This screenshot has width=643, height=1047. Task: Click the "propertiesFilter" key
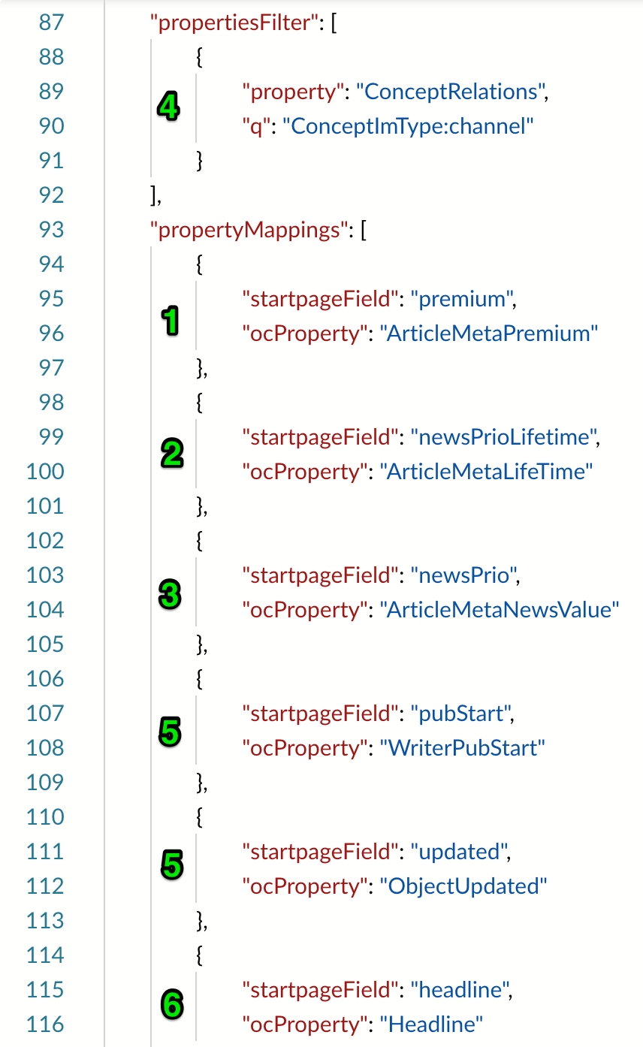point(231,23)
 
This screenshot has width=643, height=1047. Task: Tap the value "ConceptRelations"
point(448,92)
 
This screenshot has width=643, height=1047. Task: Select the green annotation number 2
point(171,453)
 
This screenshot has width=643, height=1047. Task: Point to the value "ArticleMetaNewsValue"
point(500,609)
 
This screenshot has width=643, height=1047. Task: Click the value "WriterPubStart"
point(458,748)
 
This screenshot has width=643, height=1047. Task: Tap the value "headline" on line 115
point(456,990)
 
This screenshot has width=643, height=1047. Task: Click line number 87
point(51,23)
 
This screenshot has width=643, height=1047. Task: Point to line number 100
point(46,472)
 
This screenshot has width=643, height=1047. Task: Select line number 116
point(46,1024)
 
